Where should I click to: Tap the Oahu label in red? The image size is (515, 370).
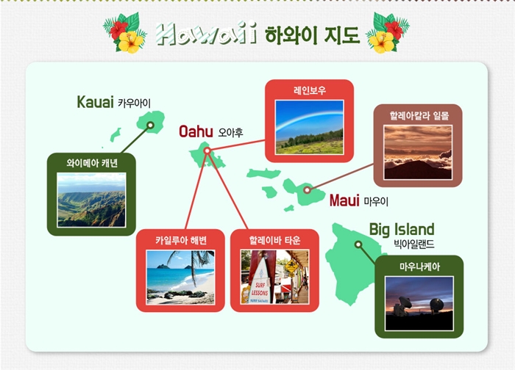(x=196, y=131)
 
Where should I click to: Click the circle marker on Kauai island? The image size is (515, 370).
(x=150, y=125)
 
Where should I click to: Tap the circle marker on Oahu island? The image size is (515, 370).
(x=207, y=150)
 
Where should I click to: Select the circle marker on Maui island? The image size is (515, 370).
(x=307, y=189)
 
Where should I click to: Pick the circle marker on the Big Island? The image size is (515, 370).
(x=358, y=244)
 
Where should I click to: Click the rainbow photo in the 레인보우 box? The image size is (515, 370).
(x=309, y=127)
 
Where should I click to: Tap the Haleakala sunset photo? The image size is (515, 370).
(x=418, y=153)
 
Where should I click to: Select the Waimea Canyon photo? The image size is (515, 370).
(x=91, y=200)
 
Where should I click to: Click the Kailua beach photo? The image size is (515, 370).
(x=180, y=277)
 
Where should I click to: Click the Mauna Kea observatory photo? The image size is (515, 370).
(x=419, y=303)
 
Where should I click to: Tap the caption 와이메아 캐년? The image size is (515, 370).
(x=92, y=163)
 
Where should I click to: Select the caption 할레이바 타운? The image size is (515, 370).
(x=274, y=241)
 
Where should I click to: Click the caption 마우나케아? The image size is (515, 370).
(x=419, y=266)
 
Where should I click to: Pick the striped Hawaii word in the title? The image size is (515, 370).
(x=206, y=33)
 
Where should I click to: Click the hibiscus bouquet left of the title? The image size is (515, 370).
(x=125, y=33)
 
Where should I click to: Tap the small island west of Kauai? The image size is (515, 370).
(x=116, y=134)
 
